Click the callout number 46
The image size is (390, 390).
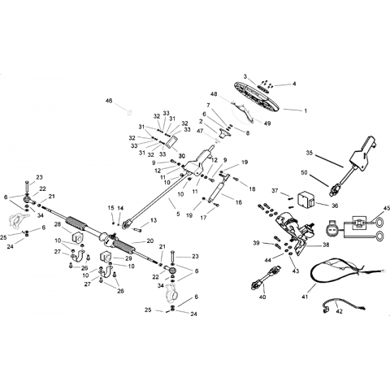tap(109, 101)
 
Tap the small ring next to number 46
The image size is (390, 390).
tap(129, 111)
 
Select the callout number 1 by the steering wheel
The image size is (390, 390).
tap(305, 110)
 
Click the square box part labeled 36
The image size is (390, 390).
tap(305, 200)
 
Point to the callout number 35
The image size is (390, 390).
tap(310, 153)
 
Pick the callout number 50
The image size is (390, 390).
tap(304, 172)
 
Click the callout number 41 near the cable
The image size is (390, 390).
tap(305, 297)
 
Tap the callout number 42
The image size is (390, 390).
tap(339, 311)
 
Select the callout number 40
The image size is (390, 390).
tap(262, 297)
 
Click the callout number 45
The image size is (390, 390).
tap(387, 208)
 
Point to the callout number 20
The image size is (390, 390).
tap(150, 240)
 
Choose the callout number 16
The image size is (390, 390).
tap(239, 202)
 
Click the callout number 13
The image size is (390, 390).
tap(154, 220)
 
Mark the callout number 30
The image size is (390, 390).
tap(182, 156)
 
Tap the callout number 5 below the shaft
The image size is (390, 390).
tap(178, 214)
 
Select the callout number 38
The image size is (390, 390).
tap(326, 245)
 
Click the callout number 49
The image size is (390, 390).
tap(267, 123)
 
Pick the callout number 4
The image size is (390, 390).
tap(294, 84)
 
